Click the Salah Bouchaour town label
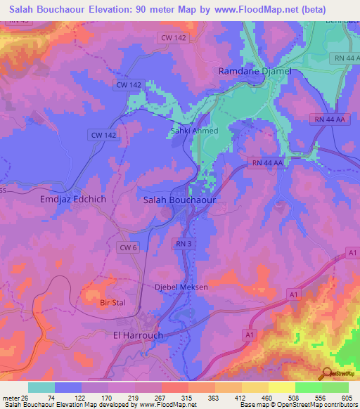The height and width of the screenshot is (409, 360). click(179, 200)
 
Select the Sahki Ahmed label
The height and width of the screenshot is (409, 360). click(195, 131)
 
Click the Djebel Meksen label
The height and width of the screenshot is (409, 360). click(181, 287)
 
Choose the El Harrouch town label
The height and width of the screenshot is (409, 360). click(138, 335)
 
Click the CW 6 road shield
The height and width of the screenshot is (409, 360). click(128, 247)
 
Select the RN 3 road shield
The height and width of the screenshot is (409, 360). click(181, 243)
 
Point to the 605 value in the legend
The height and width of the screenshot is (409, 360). click(345, 398)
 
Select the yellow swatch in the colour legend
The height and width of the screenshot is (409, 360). click(281, 387)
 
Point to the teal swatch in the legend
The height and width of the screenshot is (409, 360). click(41, 387)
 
